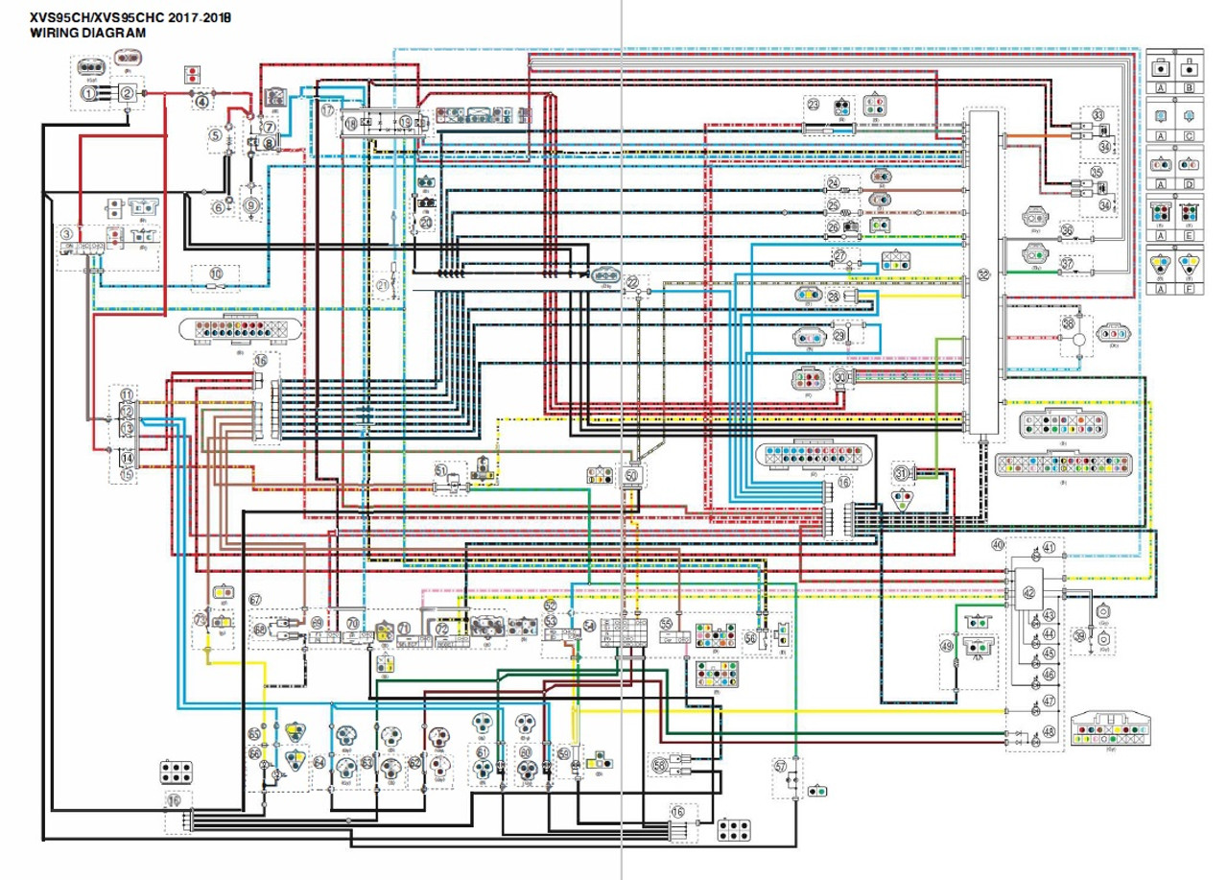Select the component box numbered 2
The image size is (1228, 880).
[127, 93]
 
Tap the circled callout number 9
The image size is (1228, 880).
[251, 203]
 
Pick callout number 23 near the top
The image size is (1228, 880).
[814, 105]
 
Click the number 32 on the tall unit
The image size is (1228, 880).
[982, 274]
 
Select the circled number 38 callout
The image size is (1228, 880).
[1068, 325]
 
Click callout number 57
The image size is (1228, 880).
[781, 766]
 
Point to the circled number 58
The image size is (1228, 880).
[660, 765]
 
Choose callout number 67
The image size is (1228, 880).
[255, 600]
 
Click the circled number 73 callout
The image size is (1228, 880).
[200, 620]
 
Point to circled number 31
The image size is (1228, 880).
[901, 472]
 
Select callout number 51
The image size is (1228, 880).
[441, 470]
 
